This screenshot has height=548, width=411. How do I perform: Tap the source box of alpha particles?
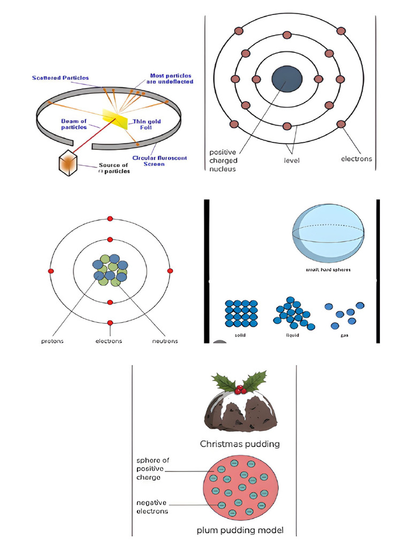click(x=68, y=163)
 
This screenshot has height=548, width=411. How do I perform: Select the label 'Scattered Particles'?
click(x=53, y=78)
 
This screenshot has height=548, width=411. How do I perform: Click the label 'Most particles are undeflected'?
click(x=171, y=79)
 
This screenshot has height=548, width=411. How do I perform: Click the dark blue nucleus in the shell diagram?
click(x=287, y=79)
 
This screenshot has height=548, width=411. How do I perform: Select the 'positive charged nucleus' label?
click(x=223, y=161)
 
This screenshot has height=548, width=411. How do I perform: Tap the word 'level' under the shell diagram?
click(x=292, y=159)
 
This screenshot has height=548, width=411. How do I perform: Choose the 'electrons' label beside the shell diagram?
click(x=356, y=159)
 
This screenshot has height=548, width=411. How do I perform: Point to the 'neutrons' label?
click(x=165, y=341)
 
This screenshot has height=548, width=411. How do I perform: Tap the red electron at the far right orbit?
click(x=170, y=271)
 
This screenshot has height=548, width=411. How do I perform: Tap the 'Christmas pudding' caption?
click(x=240, y=444)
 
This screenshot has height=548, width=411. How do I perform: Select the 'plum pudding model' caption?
click(x=240, y=530)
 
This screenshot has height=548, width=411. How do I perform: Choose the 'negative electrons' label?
click(x=152, y=507)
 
